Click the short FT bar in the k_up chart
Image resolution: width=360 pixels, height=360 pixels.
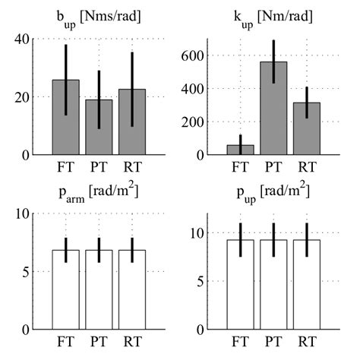[241, 150]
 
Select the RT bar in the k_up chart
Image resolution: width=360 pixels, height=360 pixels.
[306, 128]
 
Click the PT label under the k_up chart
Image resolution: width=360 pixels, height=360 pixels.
[273, 169]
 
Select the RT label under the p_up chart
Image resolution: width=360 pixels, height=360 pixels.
[306, 344]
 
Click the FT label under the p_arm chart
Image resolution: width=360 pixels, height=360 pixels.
[65, 344]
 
